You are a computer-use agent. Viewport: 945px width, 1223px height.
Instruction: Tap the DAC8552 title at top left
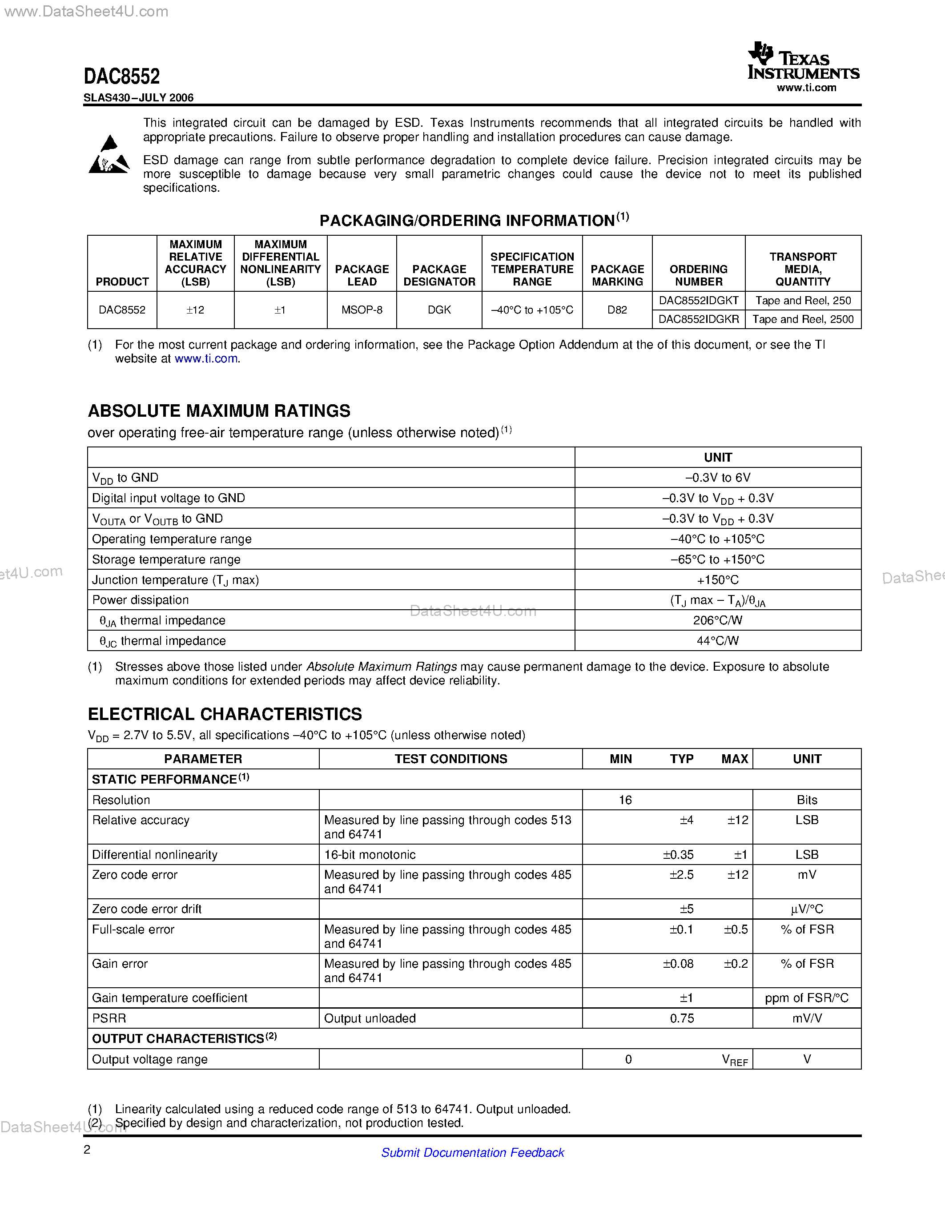click(121, 76)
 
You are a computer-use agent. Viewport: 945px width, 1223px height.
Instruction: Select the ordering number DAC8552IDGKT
click(698, 301)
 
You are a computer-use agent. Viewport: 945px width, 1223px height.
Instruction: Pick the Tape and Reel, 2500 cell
click(803, 319)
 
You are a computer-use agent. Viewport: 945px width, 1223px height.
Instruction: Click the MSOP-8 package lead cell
click(362, 310)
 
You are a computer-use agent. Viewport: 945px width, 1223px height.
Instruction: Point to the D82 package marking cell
click(617, 310)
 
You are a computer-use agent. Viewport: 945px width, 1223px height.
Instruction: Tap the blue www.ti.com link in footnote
click(206, 358)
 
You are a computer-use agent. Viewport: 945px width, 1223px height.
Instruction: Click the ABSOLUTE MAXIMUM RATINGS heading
click(219, 410)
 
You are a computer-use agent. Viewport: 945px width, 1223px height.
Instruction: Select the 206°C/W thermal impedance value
click(717, 620)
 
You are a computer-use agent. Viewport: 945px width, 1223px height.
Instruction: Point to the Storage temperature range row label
click(166, 559)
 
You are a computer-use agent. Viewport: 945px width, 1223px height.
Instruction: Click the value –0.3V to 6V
click(717, 478)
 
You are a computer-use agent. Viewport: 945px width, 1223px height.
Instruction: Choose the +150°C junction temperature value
click(717, 580)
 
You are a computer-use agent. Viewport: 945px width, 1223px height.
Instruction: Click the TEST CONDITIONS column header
click(450, 759)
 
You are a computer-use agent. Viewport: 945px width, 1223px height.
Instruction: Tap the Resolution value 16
click(625, 800)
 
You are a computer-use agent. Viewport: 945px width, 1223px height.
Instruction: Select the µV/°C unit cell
click(806, 909)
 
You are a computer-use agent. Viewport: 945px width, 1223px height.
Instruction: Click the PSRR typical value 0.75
click(681, 1018)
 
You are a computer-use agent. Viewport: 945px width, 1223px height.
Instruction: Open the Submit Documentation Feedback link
click(472, 1152)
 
